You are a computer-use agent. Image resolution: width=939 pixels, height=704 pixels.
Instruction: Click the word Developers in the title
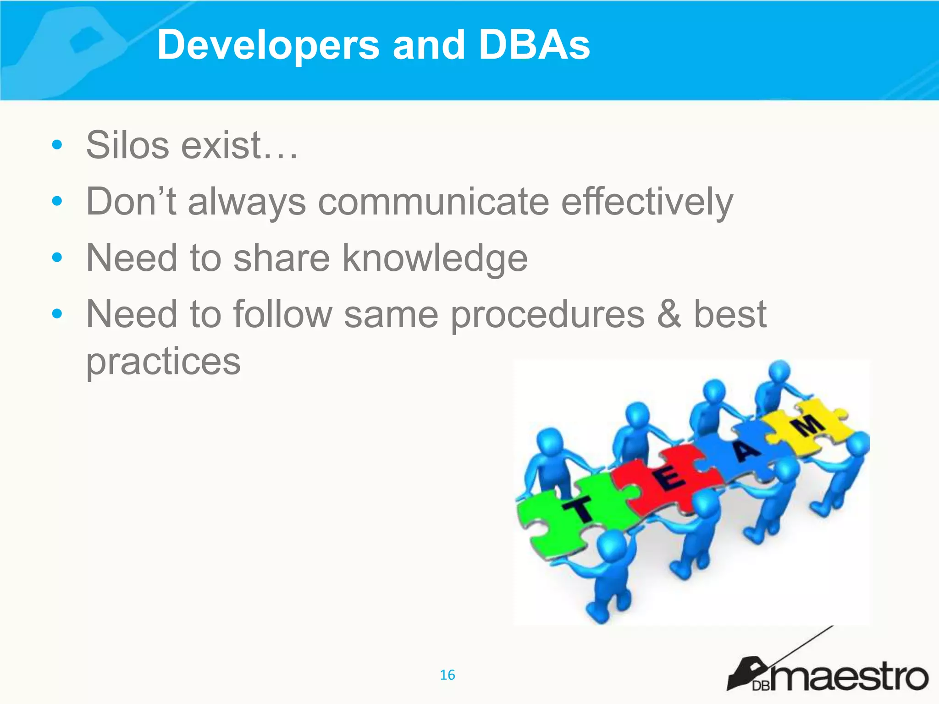pyautogui.click(x=268, y=45)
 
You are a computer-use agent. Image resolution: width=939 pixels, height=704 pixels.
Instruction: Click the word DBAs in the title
pyautogui.click(x=534, y=45)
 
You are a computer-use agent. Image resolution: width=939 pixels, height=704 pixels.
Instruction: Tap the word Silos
pyautogui.click(x=127, y=145)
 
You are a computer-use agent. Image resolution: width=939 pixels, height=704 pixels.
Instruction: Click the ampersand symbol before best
pyautogui.click(x=669, y=314)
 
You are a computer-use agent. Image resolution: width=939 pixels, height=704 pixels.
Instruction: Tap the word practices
pyautogui.click(x=163, y=362)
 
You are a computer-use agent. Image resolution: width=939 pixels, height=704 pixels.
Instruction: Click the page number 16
pyautogui.click(x=447, y=675)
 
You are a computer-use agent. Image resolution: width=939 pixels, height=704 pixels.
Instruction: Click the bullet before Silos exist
pyautogui.click(x=57, y=145)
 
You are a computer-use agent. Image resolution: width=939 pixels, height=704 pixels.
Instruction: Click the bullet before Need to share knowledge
pyautogui.click(x=57, y=258)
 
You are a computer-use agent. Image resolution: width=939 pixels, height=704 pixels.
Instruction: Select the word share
pyautogui.click(x=281, y=258)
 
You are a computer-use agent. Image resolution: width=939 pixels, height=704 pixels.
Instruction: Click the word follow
pyautogui.click(x=282, y=314)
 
